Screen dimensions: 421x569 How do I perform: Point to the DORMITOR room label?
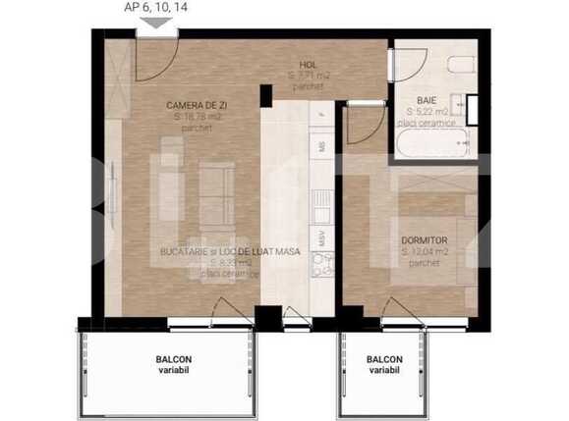pos(425,239)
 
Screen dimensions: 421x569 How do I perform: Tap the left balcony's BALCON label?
pos(173,359)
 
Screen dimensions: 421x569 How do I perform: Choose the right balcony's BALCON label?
pos(384,359)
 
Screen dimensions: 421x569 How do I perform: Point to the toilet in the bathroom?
pos(461,65)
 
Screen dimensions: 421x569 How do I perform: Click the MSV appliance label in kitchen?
pos(320,237)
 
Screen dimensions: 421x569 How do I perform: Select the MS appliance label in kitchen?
pos(320,146)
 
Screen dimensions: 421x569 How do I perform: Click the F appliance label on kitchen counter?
pos(320,115)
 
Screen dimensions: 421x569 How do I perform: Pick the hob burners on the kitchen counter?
pos(320,263)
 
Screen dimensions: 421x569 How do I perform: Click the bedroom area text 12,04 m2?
pos(425,252)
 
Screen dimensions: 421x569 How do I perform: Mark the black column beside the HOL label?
pos(265,96)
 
